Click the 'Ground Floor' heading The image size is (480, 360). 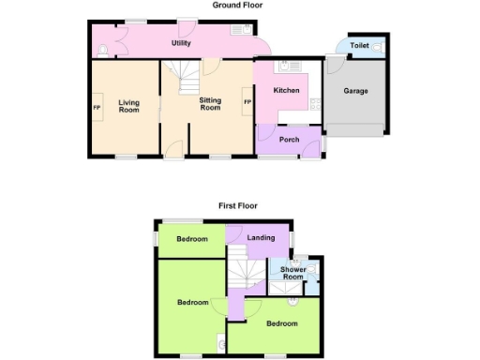237,5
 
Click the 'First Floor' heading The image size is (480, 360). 238,205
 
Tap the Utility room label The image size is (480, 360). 182,44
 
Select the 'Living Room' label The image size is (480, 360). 127,106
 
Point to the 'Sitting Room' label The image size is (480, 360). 210,103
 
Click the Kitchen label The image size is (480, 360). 286,91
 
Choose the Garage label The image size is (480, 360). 355,92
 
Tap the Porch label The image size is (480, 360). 289,140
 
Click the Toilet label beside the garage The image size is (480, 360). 360,46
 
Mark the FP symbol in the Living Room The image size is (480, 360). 96,107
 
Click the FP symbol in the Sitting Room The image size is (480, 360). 247,102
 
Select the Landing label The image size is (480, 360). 261,238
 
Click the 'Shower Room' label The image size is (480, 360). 292,273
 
